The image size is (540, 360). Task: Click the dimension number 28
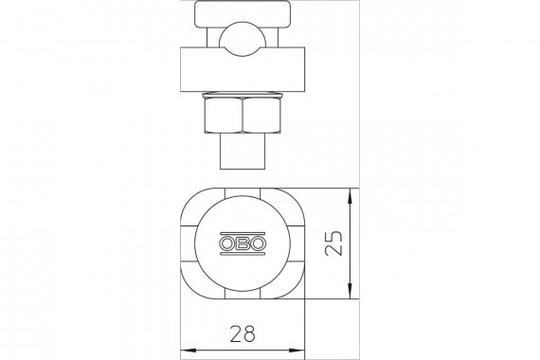243,333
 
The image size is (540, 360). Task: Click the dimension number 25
333,243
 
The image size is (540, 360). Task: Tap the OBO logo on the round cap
243,243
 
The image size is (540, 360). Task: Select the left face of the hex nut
224,115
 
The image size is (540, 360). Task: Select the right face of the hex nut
262,115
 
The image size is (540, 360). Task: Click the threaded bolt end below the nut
243,151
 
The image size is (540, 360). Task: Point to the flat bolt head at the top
243,14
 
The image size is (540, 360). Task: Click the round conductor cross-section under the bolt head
243,39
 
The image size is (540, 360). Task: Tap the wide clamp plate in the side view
243,69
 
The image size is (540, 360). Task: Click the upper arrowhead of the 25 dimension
350,196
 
